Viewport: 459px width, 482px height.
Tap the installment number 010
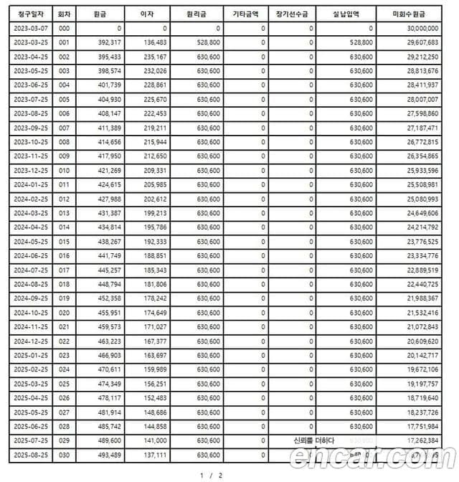point(65,171)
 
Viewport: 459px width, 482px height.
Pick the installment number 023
point(65,354)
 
